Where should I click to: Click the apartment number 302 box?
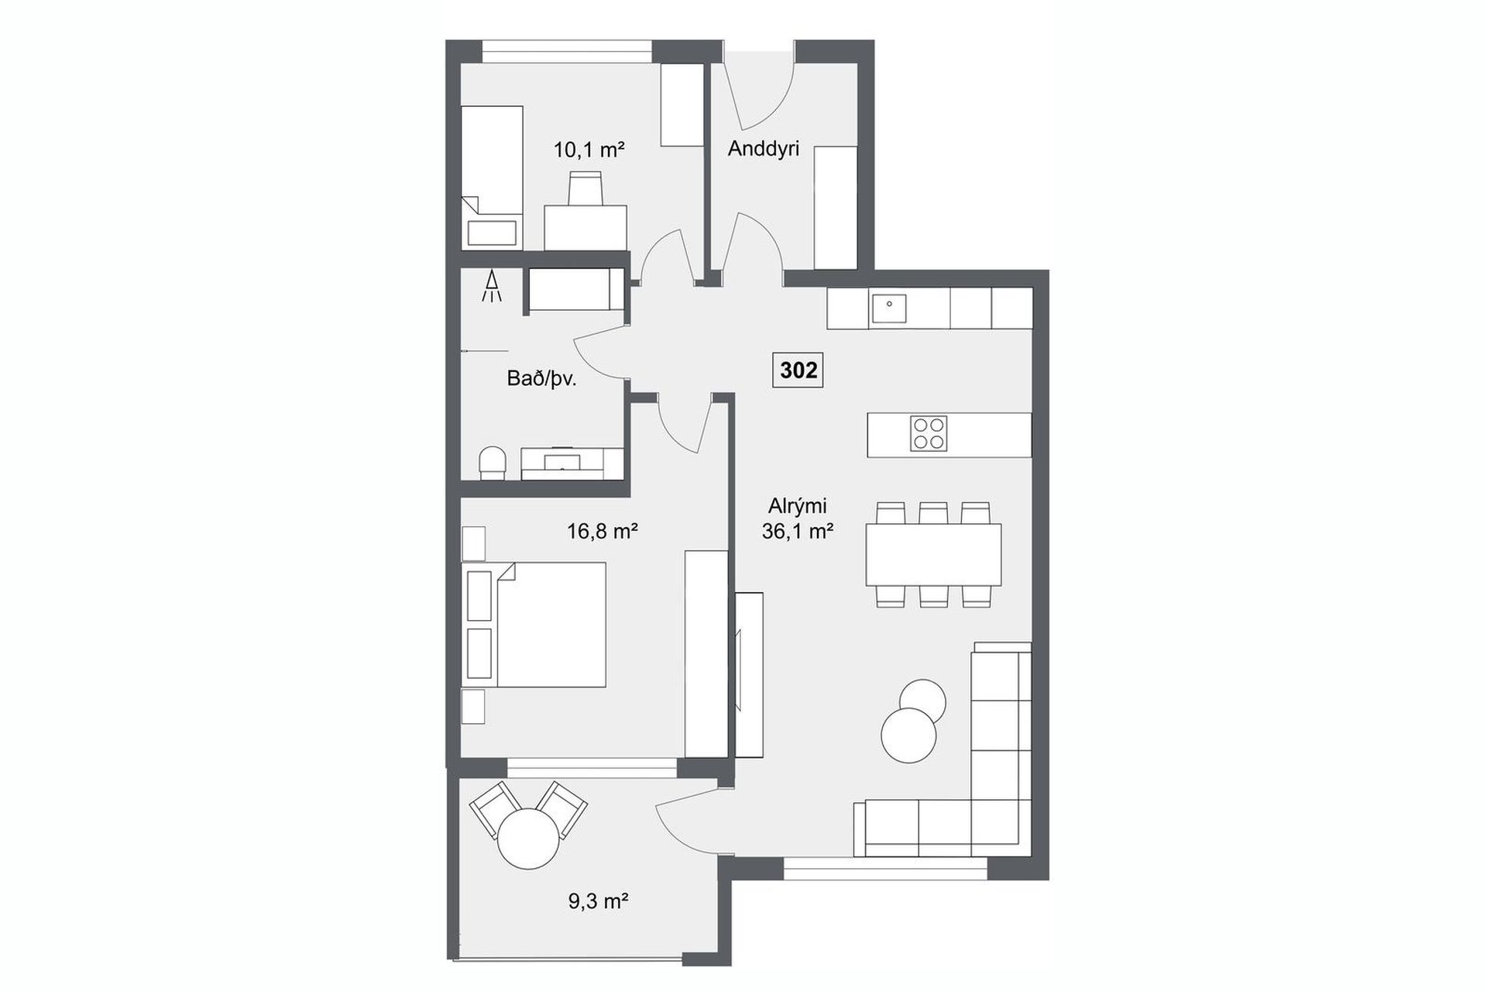pyautogui.click(x=798, y=370)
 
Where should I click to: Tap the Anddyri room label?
pyautogui.click(x=763, y=149)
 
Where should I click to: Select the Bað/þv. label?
pyautogui.click(x=542, y=378)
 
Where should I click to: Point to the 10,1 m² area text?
pyautogui.click(x=589, y=150)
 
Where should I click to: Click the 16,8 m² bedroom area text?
pyautogui.click(x=602, y=531)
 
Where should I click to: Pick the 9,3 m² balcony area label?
pyautogui.click(x=597, y=901)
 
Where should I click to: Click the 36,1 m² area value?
pyautogui.click(x=798, y=531)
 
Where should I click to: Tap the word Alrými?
pyautogui.click(x=797, y=506)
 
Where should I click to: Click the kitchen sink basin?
pyautogui.click(x=888, y=308)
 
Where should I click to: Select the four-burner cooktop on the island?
pyautogui.click(x=929, y=434)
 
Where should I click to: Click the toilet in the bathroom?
pyautogui.click(x=492, y=463)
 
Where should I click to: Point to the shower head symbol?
pyautogui.click(x=491, y=285)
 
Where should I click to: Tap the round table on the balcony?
pyautogui.click(x=528, y=839)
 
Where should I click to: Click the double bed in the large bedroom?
pyautogui.click(x=534, y=625)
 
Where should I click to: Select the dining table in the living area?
pyautogui.click(x=933, y=554)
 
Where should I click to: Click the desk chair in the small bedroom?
pyautogui.click(x=586, y=189)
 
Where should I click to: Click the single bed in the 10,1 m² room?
pyautogui.click(x=492, y=177)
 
